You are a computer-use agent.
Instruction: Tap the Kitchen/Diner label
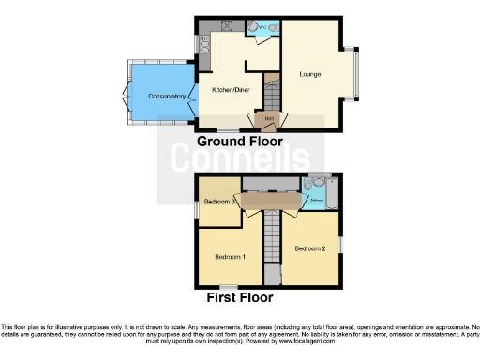(230, 90)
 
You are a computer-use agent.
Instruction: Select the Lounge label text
(310, 73)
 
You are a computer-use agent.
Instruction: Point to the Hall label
(267, 118)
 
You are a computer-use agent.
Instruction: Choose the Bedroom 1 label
(231, 256)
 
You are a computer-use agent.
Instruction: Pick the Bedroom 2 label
(309, 248)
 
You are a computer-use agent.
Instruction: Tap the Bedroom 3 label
(217, 202)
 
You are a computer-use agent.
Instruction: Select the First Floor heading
(240, 298)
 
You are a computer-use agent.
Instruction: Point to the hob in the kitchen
(225, 25)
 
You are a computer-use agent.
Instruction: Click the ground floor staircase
(272, 94)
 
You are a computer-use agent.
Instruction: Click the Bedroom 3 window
(196, 209)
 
